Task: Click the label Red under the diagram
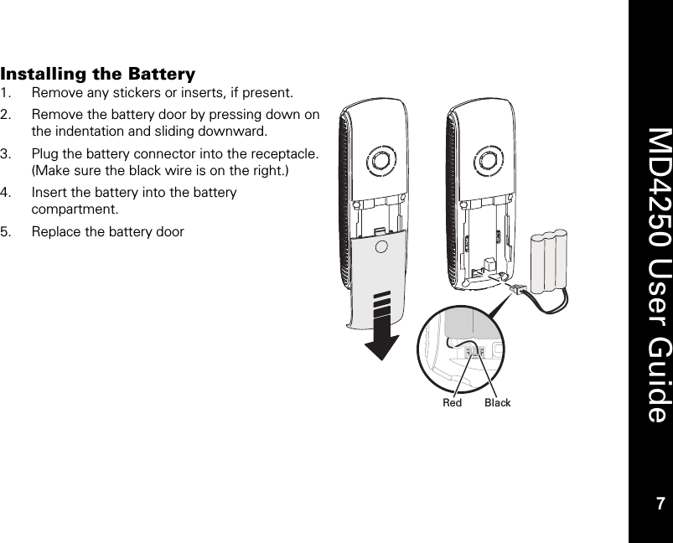pos(453,403)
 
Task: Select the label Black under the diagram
pos(498,403)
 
